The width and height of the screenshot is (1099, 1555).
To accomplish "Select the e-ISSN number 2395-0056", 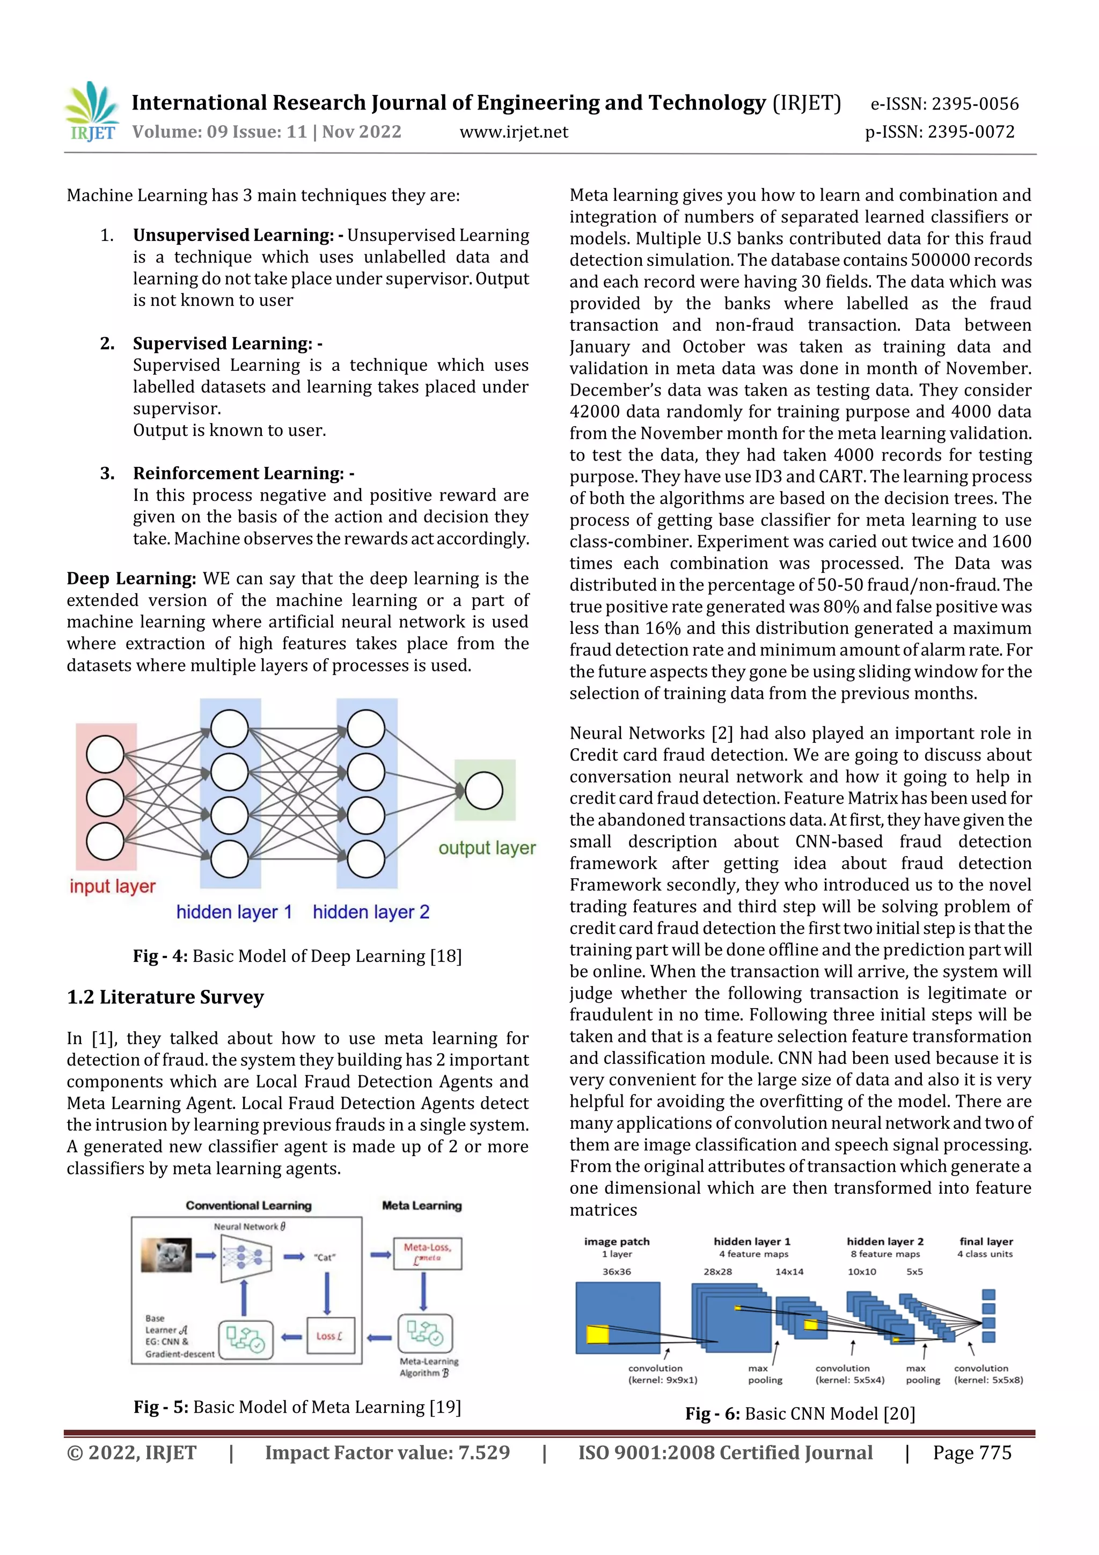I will coord(944,104).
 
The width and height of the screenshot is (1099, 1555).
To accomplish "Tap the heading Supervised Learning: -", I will coord(228,344).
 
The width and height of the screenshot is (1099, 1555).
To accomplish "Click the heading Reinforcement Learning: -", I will coord(244,473).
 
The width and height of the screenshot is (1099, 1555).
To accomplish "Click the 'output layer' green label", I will coord(487,848).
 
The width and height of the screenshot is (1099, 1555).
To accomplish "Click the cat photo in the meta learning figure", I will coord(166,1255).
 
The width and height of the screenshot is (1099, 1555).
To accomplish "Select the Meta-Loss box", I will coord(427,1252).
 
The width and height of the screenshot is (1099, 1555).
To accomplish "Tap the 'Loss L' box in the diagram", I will coord(330,1335).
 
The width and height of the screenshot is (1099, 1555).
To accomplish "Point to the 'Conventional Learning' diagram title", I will coord(248,1206).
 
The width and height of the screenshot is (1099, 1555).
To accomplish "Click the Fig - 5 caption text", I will coord(297,1407).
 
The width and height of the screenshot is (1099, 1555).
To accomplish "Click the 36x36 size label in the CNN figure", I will coord(616,1271).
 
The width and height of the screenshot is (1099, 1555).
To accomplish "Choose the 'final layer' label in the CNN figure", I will coord(986,1242).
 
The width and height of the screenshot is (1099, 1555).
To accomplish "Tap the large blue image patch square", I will coord(618,1317).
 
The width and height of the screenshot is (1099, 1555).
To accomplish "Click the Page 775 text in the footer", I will coord(972,1452).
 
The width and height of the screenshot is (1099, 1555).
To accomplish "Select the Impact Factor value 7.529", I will coord(387,1452).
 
